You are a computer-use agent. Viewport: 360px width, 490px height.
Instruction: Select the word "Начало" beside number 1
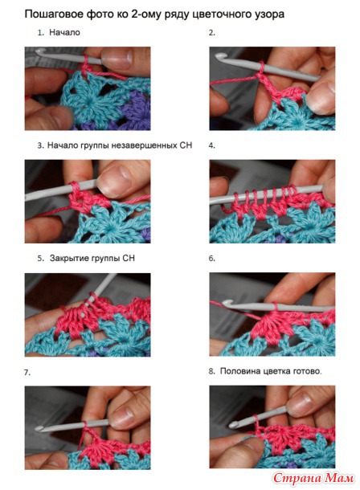click(x=64, y=32)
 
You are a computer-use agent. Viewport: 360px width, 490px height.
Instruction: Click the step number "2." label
click(x=212, y=33)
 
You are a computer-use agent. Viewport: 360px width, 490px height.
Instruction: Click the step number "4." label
click(x=212, y=145)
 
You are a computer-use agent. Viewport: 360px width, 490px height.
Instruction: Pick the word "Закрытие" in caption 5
click(x=69, y=259)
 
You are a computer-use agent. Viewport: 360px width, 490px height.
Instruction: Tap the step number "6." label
click(x=212, y=259)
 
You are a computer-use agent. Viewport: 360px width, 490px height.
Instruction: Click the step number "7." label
click(x=27, y=373)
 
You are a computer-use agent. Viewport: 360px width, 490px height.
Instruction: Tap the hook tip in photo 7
click(x=39, y=429)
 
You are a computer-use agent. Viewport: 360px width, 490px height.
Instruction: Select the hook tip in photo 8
click(x=233, y=425)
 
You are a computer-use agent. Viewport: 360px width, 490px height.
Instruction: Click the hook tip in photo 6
click(x=226, y=303)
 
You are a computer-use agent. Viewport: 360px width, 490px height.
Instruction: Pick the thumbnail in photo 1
click(x=117, y=59)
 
